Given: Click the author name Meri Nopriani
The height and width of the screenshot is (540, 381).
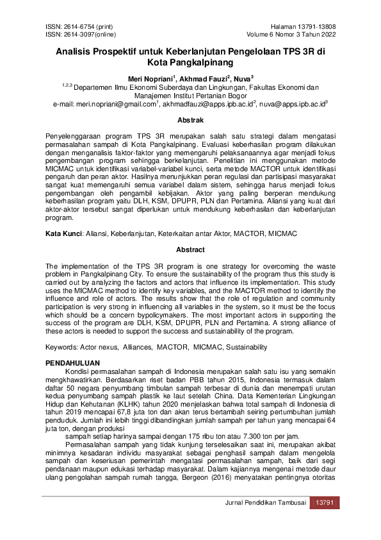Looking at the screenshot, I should [149, 78].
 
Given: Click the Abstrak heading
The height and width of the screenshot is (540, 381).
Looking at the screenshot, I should [190, 120].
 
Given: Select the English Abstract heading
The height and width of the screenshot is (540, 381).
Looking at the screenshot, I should [190, 249].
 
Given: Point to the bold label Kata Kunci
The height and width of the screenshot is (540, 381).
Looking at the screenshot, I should [62, 235].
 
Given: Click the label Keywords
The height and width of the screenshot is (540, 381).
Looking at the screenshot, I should [61, 347].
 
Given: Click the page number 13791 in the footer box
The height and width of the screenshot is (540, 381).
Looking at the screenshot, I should [322, 502].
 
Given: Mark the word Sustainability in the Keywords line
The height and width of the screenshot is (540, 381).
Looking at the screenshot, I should [243, 347].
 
